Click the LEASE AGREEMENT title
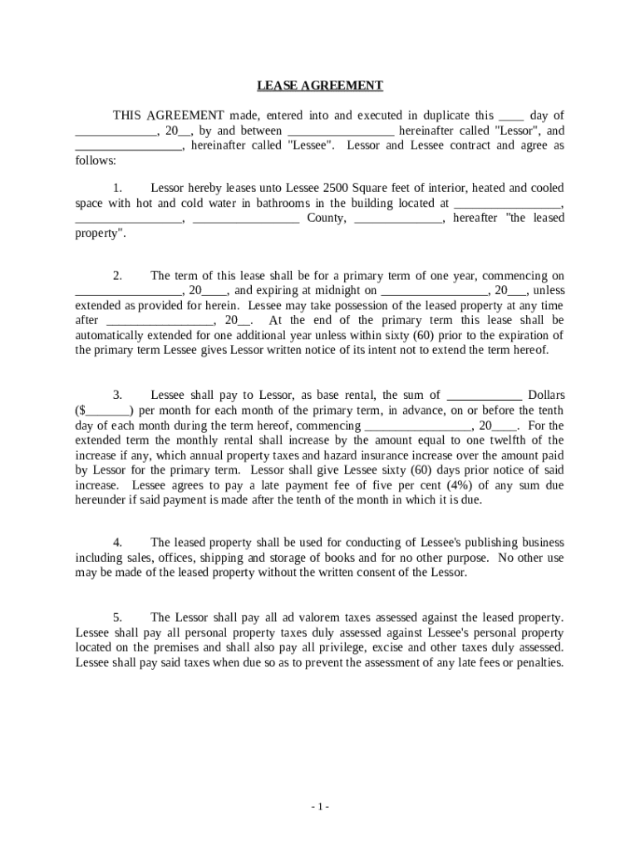point(320,86)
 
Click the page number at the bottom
point(320,807)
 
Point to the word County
point(327,218)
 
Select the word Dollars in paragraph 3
point(546,396)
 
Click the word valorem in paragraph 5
point(315,617)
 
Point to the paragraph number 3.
point(118,396)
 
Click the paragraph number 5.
point(118,617)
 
